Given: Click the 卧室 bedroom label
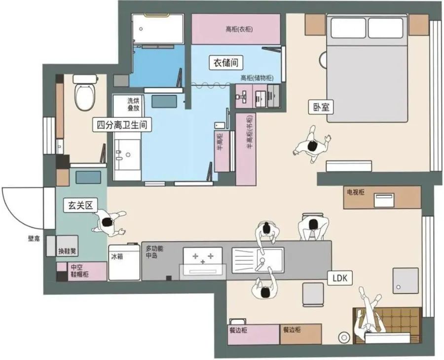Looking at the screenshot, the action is (321, 107).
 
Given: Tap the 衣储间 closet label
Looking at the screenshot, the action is (225, 63).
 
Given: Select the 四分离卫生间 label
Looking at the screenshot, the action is (122, 125).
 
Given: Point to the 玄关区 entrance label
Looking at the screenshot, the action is (80, 205).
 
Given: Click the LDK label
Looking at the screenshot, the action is (340, 278).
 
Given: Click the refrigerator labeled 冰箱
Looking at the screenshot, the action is (124, 262).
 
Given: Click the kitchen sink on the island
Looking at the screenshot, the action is (258, 260).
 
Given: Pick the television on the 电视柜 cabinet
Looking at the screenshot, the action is (384, 200).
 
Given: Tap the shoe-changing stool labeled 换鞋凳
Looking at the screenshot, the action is (67, 245).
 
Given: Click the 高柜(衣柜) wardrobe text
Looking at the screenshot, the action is (239, 29).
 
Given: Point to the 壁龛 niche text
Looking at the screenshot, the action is (34, 239).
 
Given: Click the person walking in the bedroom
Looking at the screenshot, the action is (312, 144).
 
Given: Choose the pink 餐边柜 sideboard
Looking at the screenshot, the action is (254, 334).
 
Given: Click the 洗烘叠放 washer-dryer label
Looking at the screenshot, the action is (133, 104).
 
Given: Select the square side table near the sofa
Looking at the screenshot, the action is (405, 280).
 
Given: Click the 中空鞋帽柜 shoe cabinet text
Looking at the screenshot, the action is (79, 271).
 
